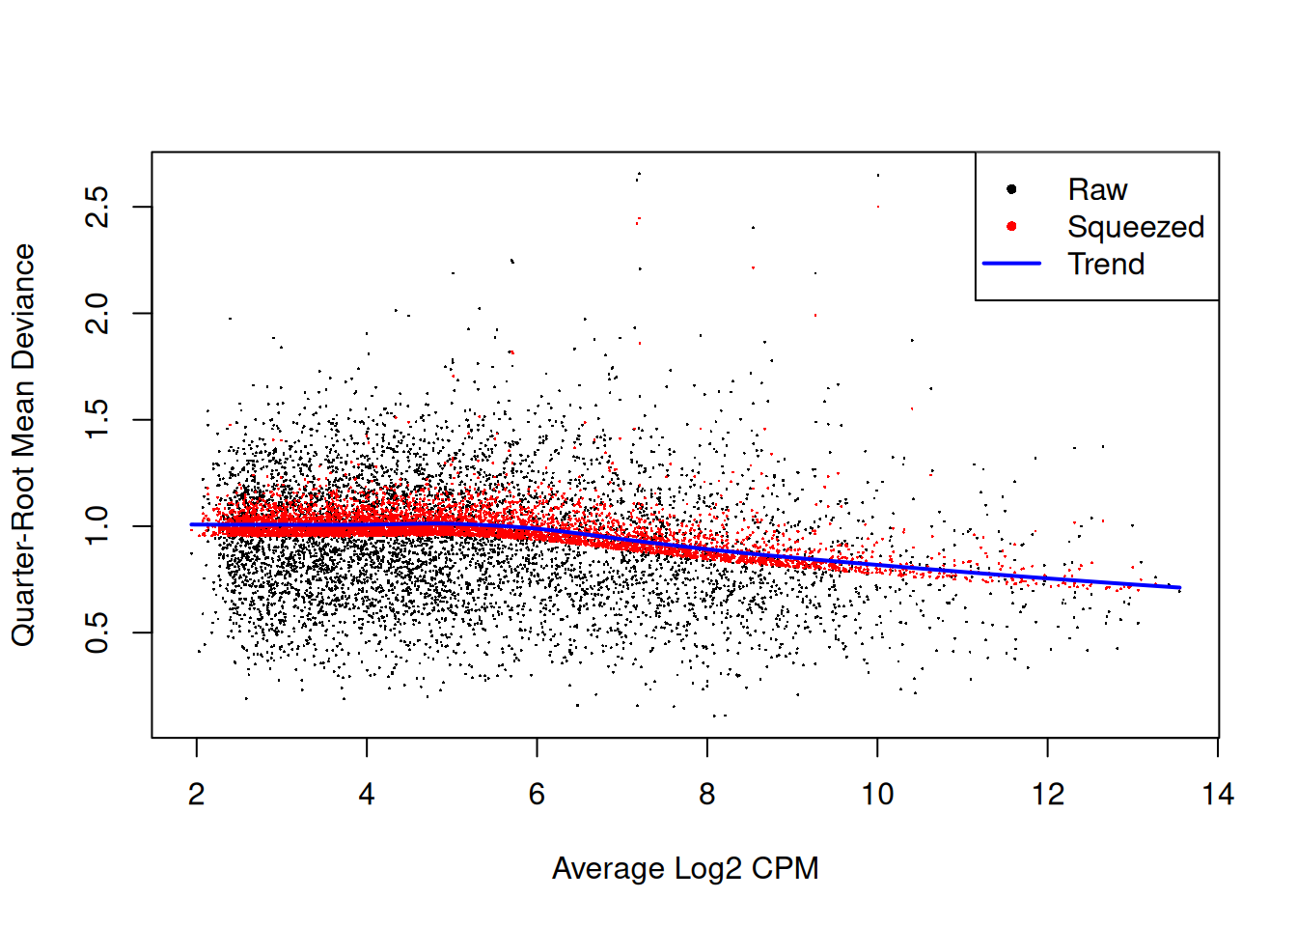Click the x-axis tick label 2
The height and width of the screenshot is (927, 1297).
[197, 795]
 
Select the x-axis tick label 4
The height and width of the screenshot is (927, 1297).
[367, 795]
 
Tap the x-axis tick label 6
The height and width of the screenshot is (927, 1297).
[537, 795]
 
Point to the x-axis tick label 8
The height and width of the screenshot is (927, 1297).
[707, 795]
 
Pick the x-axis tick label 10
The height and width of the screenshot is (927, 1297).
[877, 795]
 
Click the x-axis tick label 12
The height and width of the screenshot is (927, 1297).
[1048, 795]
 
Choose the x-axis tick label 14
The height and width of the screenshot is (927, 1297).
[1218, 795]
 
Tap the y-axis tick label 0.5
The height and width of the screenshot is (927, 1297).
[97, 632]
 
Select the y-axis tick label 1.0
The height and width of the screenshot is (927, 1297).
[97, 526]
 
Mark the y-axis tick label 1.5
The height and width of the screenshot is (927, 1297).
[97, 420]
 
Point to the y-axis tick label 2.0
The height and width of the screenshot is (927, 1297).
[97, 314]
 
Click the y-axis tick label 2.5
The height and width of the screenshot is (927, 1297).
[97, 207]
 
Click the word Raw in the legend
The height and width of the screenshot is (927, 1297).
[1097, 189]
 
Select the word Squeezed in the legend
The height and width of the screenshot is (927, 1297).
[1136, 227]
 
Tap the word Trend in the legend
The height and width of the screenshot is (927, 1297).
[1106, 264]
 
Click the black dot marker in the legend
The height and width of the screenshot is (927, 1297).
[1011, 189]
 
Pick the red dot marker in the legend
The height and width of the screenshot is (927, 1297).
[1011, 227]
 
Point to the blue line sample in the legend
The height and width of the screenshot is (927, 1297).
[1011, 264]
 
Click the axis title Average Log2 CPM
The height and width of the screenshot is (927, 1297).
[685, 868]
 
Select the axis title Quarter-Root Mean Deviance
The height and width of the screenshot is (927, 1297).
[23, 445]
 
